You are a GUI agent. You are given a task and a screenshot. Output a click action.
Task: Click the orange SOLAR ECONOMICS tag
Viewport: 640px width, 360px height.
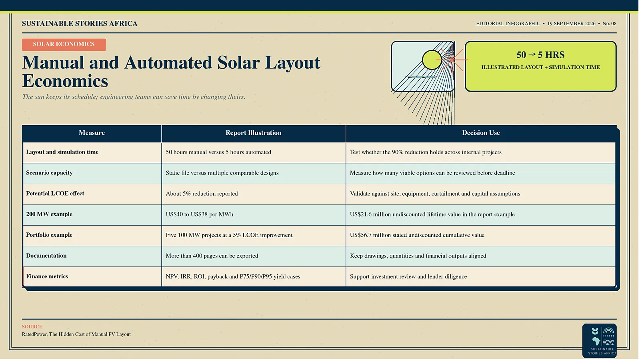click(64, 44)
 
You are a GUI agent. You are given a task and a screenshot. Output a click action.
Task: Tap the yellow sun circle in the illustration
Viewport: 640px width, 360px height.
click(432, 60)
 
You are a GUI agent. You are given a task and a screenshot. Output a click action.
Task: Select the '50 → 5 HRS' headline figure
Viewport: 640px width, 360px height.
click(540, 54)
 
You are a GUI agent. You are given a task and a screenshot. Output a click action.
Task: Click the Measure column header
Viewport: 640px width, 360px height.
click(92, 133)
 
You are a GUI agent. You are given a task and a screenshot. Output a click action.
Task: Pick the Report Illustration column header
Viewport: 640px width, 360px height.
click(254, 133)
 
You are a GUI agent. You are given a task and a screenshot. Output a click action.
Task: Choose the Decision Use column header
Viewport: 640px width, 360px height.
click(481, 133)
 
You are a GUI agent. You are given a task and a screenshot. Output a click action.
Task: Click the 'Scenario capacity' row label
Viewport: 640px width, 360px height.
click(49, 173)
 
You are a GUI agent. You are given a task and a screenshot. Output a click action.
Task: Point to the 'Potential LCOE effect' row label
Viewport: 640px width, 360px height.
click(55, 194)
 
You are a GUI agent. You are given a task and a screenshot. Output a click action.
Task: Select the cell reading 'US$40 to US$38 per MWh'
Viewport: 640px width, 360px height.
click(200, 214)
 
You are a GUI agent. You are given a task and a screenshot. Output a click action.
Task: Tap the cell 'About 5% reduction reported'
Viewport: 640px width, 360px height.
click(202, 194)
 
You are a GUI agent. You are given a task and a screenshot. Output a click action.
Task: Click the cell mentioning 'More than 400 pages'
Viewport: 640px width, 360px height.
click(212, 256)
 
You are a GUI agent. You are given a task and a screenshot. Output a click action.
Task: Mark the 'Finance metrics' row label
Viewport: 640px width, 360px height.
click(47, 276)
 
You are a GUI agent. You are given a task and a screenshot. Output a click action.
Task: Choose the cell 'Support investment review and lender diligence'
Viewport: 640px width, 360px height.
click(408, 276)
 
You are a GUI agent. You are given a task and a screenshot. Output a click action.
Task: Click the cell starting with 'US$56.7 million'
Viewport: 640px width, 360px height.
click(417, 235)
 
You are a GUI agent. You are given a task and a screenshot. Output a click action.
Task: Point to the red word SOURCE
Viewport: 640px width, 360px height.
click(32, 326)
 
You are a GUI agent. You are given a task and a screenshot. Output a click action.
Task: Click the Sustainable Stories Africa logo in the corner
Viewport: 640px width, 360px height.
click(600, 340)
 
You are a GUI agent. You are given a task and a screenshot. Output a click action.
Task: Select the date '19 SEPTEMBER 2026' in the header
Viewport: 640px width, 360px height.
click(572, 24)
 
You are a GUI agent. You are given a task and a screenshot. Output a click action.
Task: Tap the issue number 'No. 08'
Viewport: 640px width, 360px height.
click(610, 24)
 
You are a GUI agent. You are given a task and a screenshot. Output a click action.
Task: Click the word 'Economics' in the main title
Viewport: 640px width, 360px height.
click(65, 81)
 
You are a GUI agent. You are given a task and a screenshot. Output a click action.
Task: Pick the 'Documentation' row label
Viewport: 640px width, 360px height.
click(46, 256)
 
